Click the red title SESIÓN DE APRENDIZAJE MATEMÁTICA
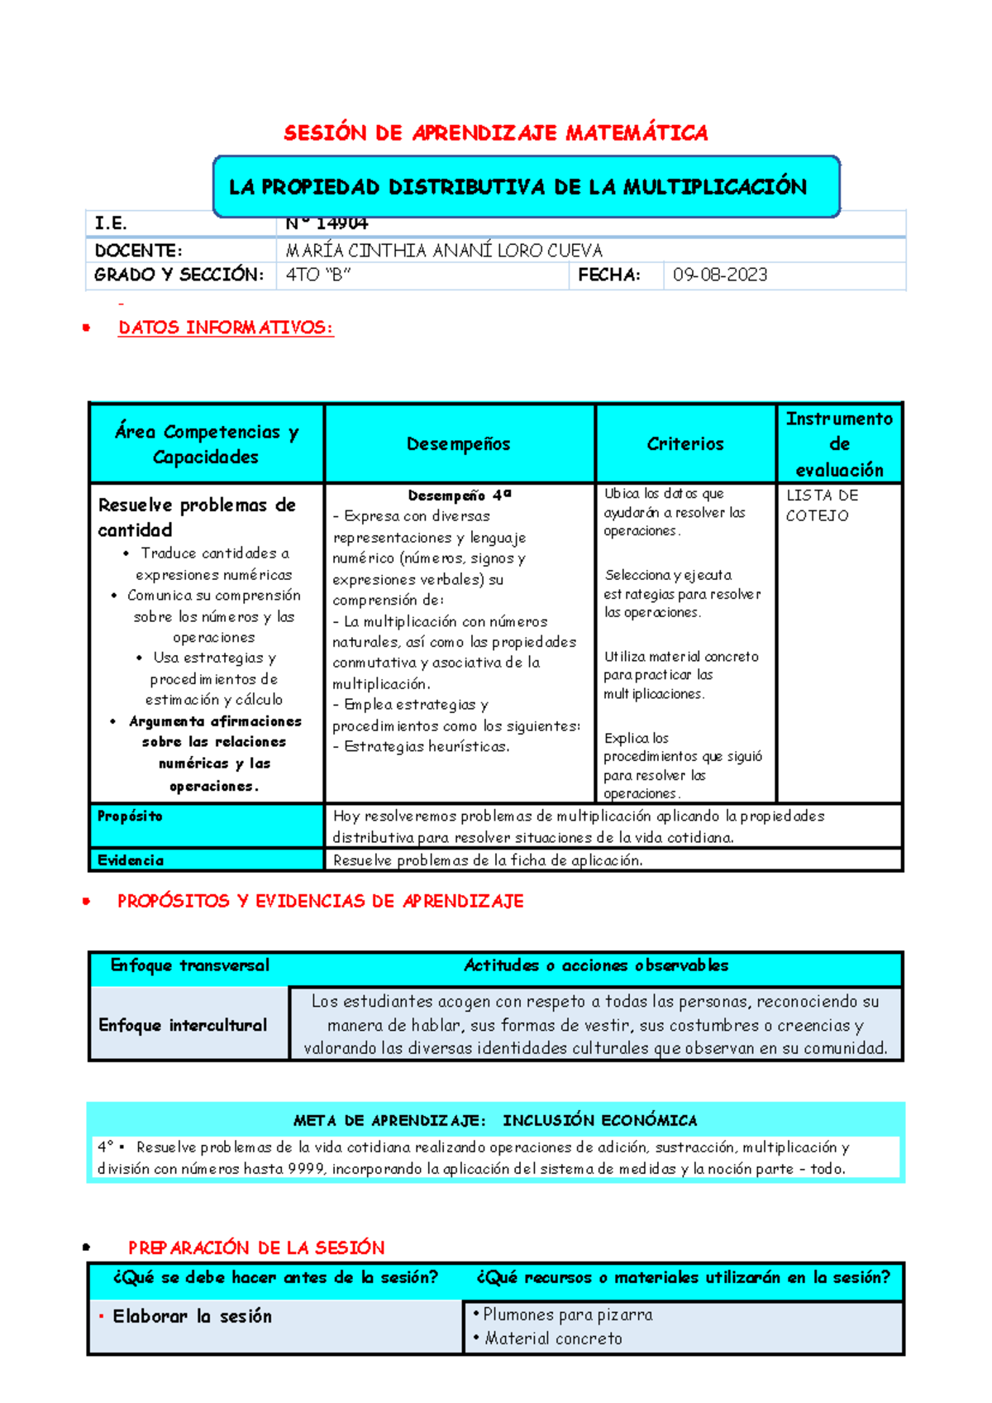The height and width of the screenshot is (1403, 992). pos(495,133)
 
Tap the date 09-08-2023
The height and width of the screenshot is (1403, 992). pos(719,275)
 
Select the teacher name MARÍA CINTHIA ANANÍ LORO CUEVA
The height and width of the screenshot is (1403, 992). pos(444,251)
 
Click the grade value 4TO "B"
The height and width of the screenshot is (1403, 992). pos(318,275)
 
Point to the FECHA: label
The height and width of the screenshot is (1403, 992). pos(608,275)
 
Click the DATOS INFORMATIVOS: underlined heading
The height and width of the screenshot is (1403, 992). pos(226,328)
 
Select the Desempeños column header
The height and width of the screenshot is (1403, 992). pos(459,444)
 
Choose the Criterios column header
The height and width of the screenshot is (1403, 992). pos(685,444)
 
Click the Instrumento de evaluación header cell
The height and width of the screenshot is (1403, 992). pos(839,444)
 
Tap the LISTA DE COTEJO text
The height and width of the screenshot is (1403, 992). pos(822,505)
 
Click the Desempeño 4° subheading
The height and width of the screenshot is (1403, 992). pos(459,496)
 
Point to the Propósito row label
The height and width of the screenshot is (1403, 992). pos(130,816)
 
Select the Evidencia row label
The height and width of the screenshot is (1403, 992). pos(131,860)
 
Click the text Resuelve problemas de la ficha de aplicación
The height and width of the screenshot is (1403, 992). pos(488,860)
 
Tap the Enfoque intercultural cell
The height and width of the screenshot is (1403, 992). pos(183,1026)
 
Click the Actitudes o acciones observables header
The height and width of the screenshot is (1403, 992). pos(596,965)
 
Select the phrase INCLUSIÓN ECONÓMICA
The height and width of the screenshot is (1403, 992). pos(599,1121)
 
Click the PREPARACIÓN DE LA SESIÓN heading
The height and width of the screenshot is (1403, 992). pos(256,1247)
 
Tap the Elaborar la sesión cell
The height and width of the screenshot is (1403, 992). pos(192,1316)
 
